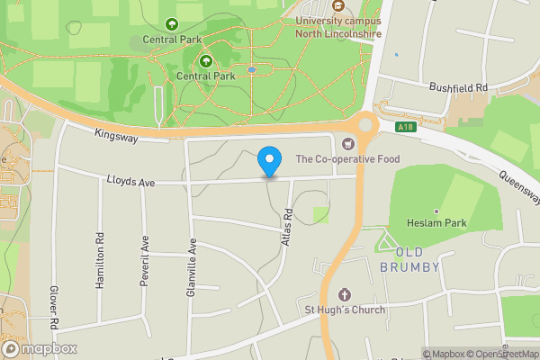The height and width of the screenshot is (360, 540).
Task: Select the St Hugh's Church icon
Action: [344, 294]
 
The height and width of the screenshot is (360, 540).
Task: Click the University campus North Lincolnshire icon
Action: [337, 5]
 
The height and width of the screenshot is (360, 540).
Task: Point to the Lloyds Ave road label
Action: [132, 183]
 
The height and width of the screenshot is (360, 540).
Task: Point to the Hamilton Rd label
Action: [99, 262]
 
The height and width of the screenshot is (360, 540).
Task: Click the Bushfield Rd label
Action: [457, 87]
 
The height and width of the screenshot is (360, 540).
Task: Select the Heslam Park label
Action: [436, 223]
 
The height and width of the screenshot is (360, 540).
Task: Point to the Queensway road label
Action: [518, 184]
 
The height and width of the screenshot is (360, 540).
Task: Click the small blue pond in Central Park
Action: [251, 69]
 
